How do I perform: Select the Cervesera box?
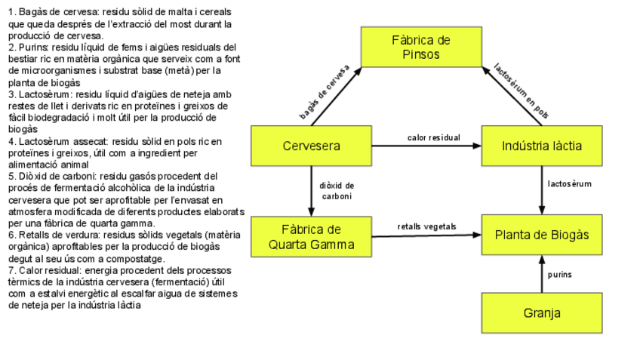(311, 146)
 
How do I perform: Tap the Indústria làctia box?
(542, 146)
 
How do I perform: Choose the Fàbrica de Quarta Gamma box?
(311, 237)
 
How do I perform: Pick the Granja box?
(542, 312)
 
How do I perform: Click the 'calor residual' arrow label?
(433, 137)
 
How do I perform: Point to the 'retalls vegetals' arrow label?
(427, 226)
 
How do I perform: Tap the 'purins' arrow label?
(560, 275)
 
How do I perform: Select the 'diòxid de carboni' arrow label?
(337, 190)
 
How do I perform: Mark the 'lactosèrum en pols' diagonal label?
(522, 91)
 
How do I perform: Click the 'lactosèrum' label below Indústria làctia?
(570, 183)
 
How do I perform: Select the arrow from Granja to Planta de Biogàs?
(542, 273)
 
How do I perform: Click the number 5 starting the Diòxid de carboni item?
(11, 176)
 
